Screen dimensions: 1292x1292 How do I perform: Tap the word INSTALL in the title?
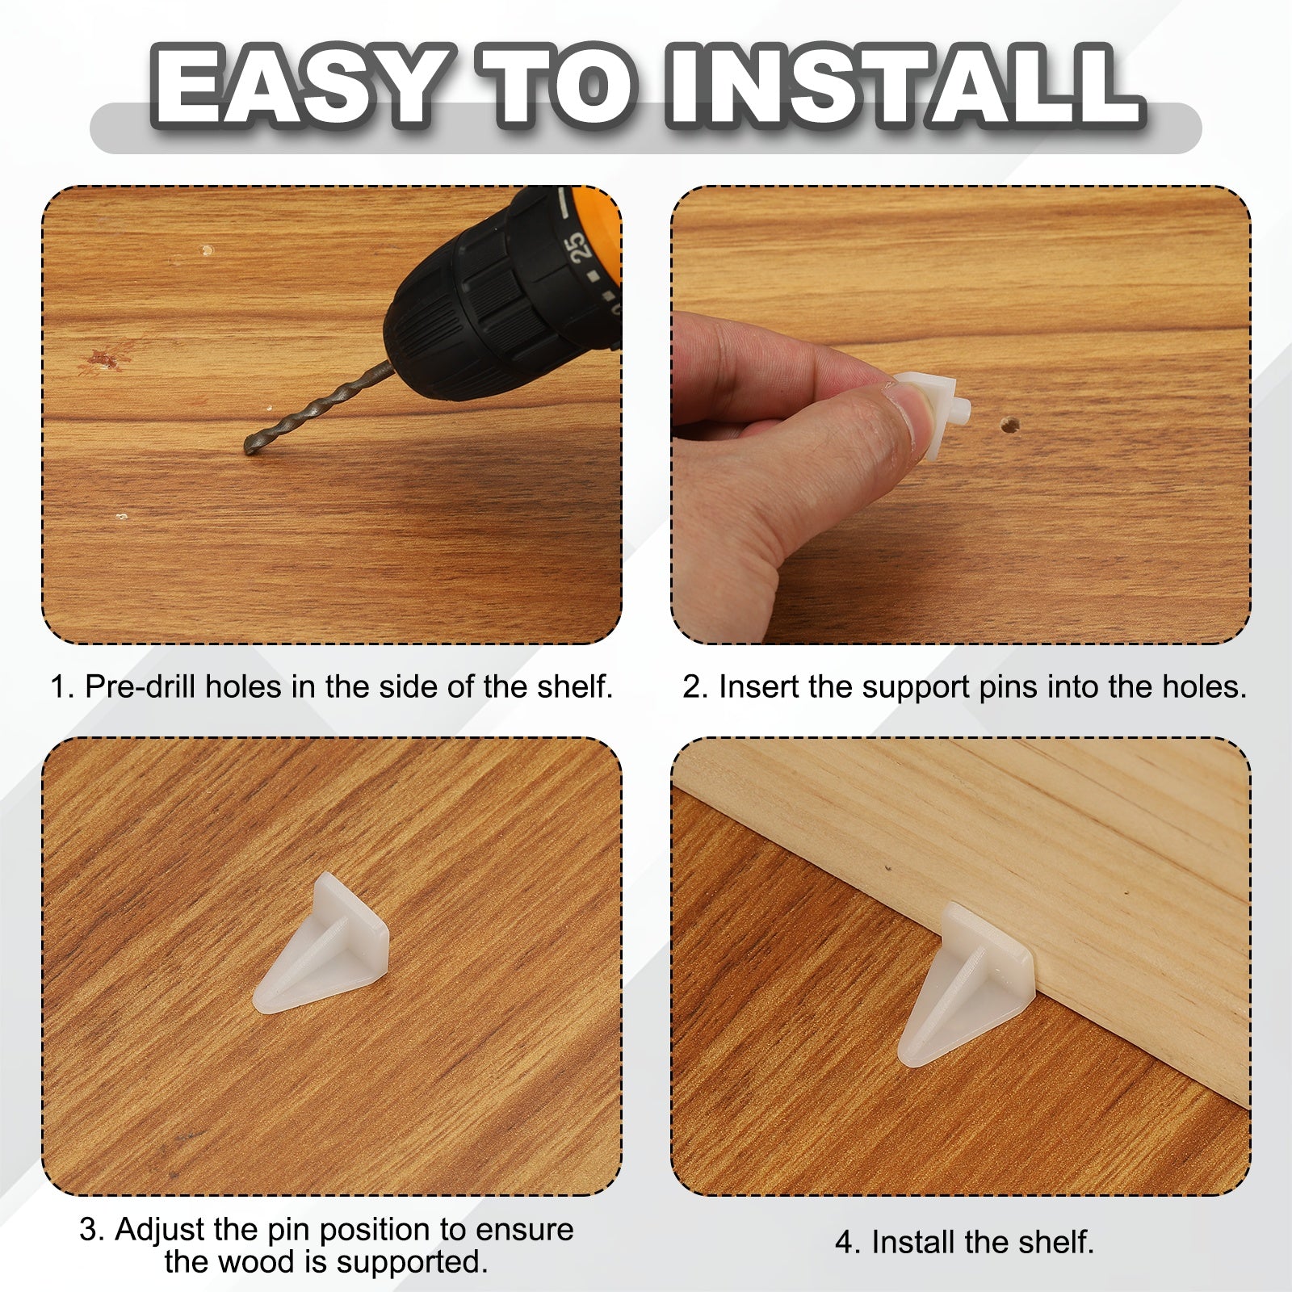tap(904, 87)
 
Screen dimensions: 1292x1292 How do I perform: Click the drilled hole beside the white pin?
tap(1008, 423)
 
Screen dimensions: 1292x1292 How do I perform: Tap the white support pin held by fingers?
tap(937, 412)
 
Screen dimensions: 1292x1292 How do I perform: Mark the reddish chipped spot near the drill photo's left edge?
tap(105, 357)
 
